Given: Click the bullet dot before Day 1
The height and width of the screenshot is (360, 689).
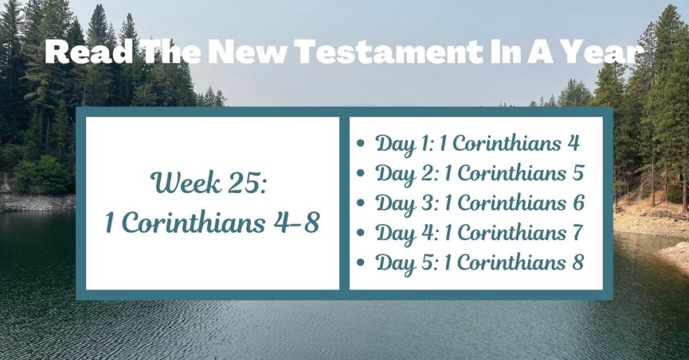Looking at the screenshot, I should (x=363, y=144).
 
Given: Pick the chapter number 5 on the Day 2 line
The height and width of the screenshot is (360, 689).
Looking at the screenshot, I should (x=577, y=173).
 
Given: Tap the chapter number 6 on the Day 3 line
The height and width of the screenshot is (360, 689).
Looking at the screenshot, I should (x=577, y=203).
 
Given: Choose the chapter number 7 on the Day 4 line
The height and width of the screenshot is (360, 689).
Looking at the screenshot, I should (x=576, y=232).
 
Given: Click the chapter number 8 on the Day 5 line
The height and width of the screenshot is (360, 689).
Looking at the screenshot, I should (x=577, y=262).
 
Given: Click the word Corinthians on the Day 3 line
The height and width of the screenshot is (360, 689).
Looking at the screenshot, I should (x=513, y=203).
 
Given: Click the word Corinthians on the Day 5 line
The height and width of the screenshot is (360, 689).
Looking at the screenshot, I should (x=513, y=262).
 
